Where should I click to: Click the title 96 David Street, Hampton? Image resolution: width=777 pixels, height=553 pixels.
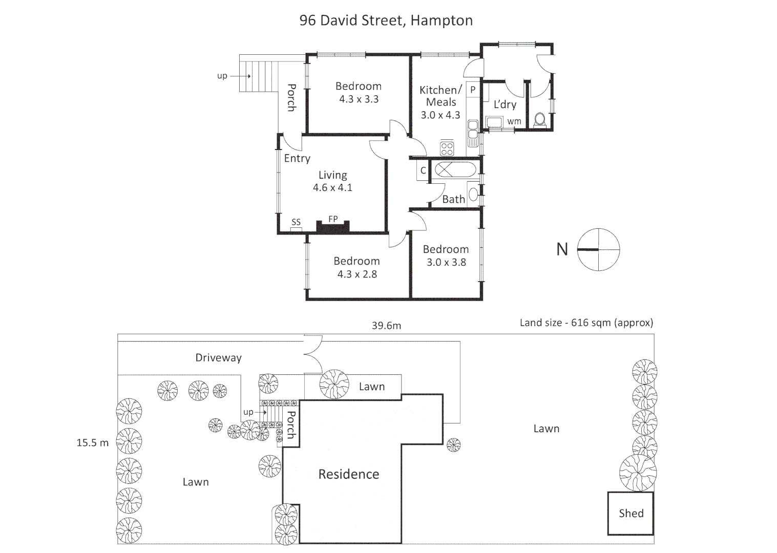pyautogui.click(x=386, y=20)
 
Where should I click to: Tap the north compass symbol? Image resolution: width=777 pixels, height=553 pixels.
pyautogui.click(x=598, y=250)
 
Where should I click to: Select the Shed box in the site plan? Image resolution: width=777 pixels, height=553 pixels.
pyautogui.click(x=631, y=514)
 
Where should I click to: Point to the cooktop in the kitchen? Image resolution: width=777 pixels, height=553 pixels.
pyautogui.click(x=447, y=148)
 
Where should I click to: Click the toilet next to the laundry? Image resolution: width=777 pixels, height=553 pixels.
pyautogui.click(x=539, y=120)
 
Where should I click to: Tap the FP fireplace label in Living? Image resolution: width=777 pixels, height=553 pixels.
pyautogui.click(x=333, y=219)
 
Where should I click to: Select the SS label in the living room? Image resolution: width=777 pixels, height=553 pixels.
pyautogui.click(x=296, y=222)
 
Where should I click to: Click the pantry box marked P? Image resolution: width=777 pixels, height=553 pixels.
pyautogui.click(x=473, y=90)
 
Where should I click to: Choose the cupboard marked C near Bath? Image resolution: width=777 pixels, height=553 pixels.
pyautogui.click(x=423, y=171)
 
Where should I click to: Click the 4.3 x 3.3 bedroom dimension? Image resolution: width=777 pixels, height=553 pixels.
pyautogui.click(x=359, y=99)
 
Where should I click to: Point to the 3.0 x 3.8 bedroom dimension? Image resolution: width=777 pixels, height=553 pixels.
pyautogui.click(x=446, y=262)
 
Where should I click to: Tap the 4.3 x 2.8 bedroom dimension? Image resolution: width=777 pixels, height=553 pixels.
pyautogui.click(x=357, y=274)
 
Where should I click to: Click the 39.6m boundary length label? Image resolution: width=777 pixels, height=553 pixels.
pyautogui.click(x=386, y=326)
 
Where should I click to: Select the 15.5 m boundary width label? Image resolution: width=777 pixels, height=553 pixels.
pyautogui.click(x=92, y=443)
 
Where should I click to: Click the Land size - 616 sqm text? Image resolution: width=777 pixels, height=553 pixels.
pyautogui.click(x=586, y=323)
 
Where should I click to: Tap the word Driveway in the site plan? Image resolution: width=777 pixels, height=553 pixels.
pyautogui.click(x=218, y=358)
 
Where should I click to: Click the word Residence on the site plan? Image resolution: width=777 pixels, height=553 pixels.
pyautogui.click(x=348, y=474)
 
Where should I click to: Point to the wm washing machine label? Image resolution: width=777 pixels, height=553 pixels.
pyautogui.click(x=514, y=121)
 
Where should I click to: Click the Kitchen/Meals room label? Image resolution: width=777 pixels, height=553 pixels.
pyautogui.click(x=440, y=96)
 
